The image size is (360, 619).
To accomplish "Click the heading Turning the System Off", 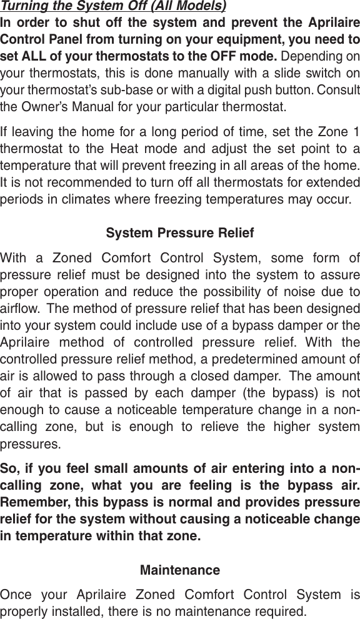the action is coord(113,7).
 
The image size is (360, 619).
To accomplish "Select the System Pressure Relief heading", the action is coord(180,234).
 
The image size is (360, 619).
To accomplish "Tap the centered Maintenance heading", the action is coord(180,570).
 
